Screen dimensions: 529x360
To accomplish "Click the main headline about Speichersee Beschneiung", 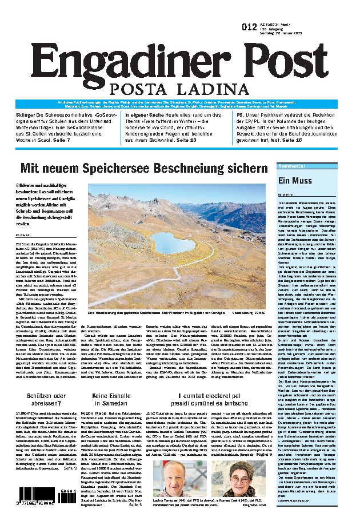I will pos(143,152).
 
